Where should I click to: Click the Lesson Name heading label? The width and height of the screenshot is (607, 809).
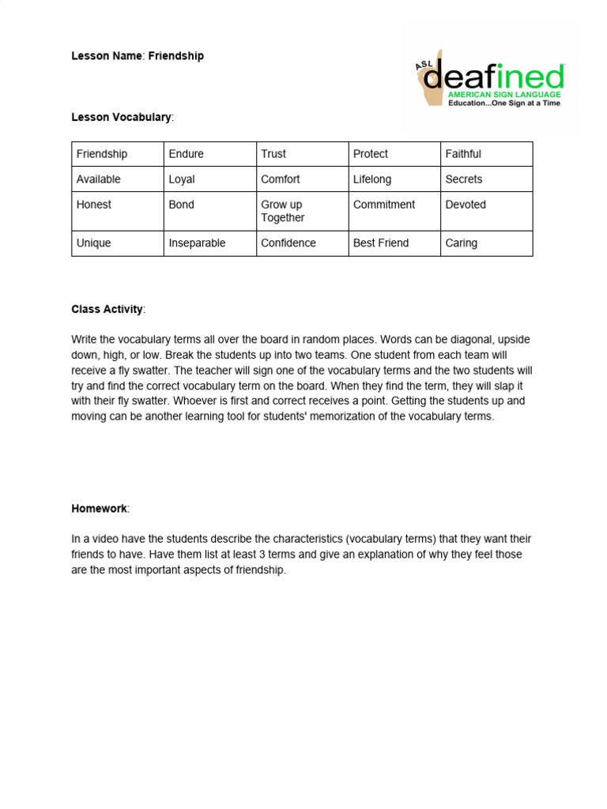click(x=106, y=56)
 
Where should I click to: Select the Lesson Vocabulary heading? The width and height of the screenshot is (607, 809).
click(x=121, y=117)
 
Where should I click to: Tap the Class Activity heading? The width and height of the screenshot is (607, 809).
click(x=107, y=309)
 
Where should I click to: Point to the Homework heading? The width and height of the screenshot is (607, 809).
click(x=100, y=509)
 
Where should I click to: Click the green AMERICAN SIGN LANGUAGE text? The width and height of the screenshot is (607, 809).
click(x=504, y=94)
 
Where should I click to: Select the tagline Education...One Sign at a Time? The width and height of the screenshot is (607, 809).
click(x=504, y=103)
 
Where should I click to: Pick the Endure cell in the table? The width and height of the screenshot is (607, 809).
click(x=187, y=154)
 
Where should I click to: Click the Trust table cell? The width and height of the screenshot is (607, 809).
click(x=273, y=154)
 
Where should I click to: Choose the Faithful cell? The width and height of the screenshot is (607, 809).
click(x=463, y=154)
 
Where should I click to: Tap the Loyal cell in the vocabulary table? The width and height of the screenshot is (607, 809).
click(x=182, y=179)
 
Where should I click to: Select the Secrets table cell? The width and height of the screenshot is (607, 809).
click(x=464, y=179)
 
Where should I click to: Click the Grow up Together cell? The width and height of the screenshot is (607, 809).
click(x=283, y=211)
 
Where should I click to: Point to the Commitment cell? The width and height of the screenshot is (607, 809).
click(x=384, y=205)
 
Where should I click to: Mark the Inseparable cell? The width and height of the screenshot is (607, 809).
click(x=197, y=243)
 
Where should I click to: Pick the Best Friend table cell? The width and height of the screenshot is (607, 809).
click(x=381, y=243)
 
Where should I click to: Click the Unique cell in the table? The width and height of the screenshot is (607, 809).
click(x=93, y=243)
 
